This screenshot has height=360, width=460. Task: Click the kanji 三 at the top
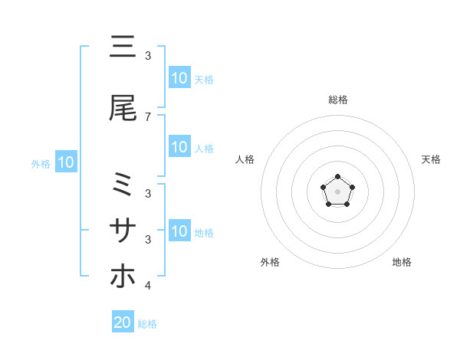[123, 47]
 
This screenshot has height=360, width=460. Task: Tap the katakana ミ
[123, 186]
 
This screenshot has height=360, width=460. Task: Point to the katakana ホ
[123, 275]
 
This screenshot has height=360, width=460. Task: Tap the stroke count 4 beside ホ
[148, 286]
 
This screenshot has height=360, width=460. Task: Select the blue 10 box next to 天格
[179, 78]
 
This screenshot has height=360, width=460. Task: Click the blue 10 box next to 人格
[179, 147]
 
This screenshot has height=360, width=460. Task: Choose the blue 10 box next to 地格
[179, 231]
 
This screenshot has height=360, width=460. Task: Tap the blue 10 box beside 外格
[65, 162]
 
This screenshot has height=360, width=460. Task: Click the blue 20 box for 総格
[123, 322]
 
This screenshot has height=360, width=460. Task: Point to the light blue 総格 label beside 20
[147, 324]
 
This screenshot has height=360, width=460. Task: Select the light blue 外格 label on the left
[41, 163]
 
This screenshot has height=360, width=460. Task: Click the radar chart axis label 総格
[337, 100]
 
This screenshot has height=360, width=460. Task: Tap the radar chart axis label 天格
[432, 159]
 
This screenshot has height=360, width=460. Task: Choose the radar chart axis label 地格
[402, 262]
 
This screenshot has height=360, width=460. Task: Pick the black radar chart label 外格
[270, 262]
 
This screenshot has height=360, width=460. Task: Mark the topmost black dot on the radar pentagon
[337, 176]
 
